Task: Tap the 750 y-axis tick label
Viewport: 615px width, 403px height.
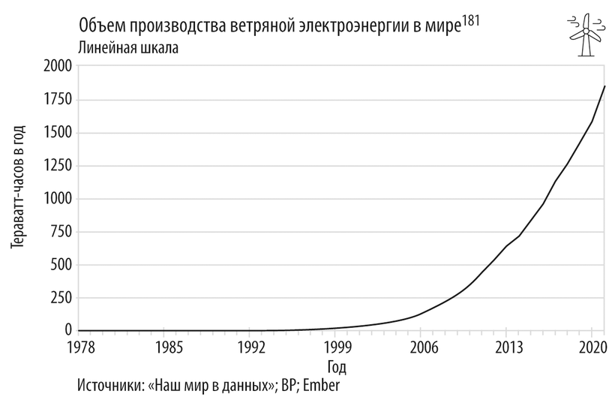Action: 60,232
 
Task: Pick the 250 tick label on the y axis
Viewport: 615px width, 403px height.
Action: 60,298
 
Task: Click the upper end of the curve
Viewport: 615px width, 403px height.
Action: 604,86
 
